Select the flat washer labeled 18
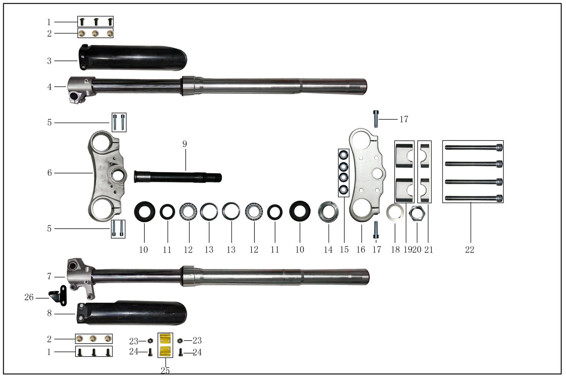coord(395,213)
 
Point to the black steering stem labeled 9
coord(178,176)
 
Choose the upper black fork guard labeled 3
coord(132,58)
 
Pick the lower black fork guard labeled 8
coord(132,313)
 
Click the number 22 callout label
coord(469,250)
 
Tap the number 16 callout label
coord(361,250)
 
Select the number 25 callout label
coord(165,371)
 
